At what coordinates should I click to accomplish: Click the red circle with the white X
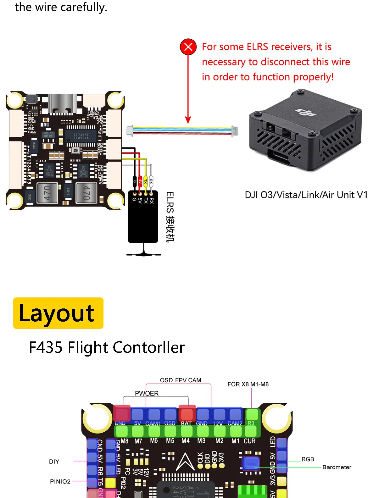click(188, 47)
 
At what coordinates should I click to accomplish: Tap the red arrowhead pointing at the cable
click(188, 120)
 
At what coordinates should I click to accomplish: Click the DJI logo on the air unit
click(306, 112)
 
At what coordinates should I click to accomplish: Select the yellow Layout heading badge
click(58, 313)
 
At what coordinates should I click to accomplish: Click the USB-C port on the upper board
click(64, 104)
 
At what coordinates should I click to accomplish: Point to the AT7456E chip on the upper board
click(81, 136)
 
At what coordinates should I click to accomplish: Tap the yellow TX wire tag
click(146, 181)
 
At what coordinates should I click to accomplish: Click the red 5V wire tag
click(140, 181)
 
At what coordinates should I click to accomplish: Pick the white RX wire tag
click(151, 181)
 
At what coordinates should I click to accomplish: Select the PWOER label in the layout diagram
click(147, 393)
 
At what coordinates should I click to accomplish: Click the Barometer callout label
click(337, 467)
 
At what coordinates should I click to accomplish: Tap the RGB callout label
click(308, 459)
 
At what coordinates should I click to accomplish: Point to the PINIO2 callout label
click(60, 481)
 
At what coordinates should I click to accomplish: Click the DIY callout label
click(54, 462)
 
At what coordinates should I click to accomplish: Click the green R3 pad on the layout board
click(252, 415)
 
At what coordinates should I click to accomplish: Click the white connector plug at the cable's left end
click(130, 131)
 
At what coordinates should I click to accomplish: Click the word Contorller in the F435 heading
click(148, 347)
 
